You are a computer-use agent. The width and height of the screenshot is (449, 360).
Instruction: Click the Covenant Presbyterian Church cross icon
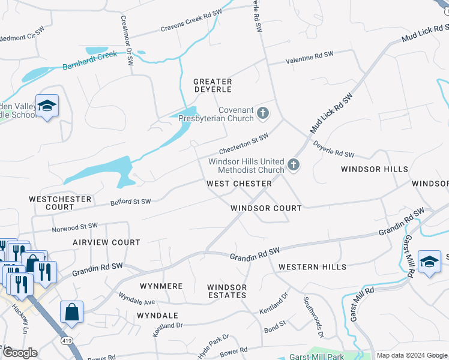coord(262,112)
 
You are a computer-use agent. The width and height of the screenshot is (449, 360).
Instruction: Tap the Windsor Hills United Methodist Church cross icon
coord(293,164)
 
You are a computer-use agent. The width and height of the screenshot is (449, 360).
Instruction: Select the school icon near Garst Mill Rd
coord(429,262)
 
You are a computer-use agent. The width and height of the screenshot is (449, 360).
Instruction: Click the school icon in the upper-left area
coord(47,106)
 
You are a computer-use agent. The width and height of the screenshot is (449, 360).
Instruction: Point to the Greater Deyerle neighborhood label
coord(212,85)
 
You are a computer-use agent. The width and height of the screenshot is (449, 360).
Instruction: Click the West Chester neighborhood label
coord(239,183)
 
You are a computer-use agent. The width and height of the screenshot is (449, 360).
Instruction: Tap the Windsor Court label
coord(266,208)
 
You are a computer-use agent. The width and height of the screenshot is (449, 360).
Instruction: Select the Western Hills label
coord(312,266)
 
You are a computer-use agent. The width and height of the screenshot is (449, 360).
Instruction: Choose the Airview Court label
coord(106,242)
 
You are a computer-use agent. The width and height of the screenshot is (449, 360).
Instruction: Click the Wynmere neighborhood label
coord(161,286)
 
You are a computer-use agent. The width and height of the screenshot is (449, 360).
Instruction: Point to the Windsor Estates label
coord(227,291)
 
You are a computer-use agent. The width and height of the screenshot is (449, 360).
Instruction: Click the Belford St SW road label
coord(130,202)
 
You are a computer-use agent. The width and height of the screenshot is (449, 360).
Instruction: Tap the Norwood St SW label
coord(74,227)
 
